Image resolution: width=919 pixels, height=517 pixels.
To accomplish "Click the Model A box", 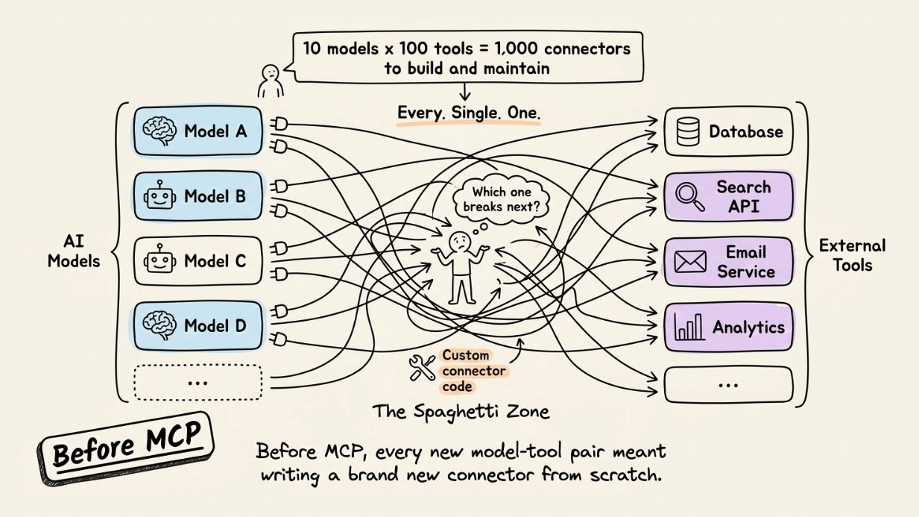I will pos(198,131).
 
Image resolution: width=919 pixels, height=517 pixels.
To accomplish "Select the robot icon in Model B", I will pos(160,196).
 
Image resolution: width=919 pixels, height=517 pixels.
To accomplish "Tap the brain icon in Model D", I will pos(160,327).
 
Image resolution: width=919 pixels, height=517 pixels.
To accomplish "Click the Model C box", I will pos(198,261).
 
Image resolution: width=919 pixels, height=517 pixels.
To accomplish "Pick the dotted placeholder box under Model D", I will pos(198,382).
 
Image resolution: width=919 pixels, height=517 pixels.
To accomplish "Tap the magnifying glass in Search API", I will pos(689,196).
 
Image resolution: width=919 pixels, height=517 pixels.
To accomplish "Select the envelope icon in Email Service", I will pos(689,262).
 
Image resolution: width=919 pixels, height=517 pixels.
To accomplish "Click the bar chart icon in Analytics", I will pos(689,327).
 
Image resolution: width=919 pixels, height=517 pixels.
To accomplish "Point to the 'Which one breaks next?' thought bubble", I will pos(501,199).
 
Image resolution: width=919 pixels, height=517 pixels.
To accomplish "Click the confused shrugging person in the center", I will pos(460,265).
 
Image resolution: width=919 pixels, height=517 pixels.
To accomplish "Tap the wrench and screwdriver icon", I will pos(423,368).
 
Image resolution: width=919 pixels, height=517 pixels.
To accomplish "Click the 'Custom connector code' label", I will pos(474,371).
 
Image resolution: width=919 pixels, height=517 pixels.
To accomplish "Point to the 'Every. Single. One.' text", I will pos(469,113).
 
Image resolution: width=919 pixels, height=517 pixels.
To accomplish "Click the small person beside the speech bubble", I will pos(270,80).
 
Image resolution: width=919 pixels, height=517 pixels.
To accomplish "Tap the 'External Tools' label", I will pos(852,254).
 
